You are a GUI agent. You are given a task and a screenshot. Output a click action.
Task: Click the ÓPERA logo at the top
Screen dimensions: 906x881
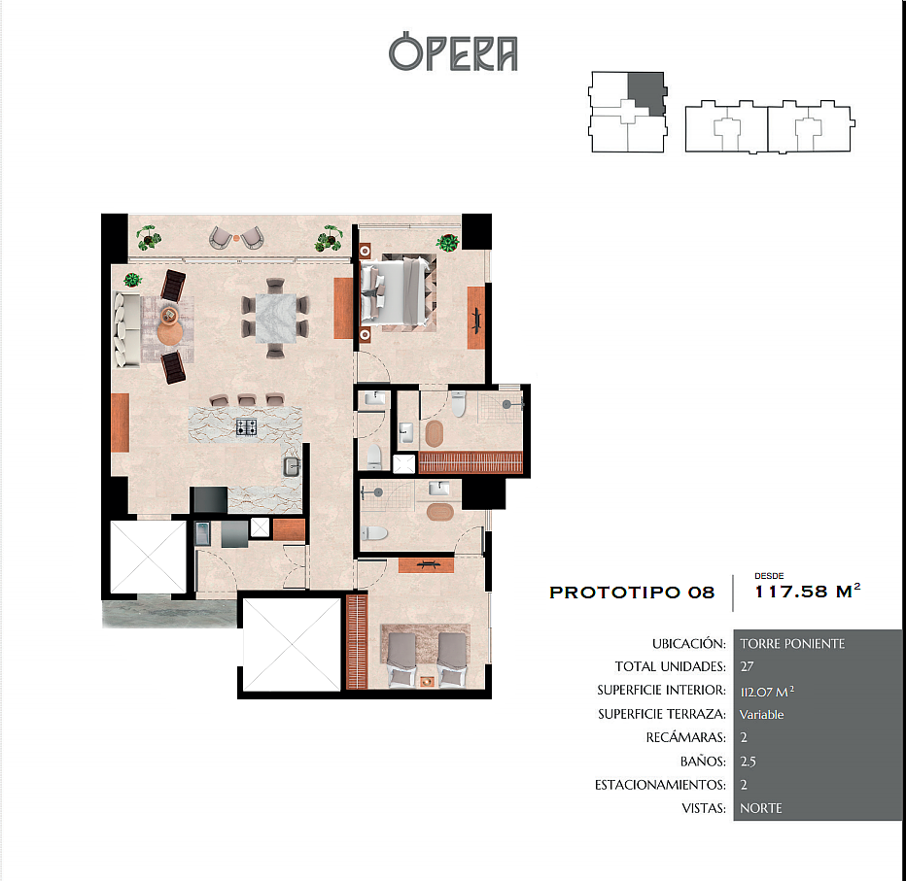pos(453,51)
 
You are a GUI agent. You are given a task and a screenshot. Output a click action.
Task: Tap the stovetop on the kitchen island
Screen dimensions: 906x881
pos(247,427)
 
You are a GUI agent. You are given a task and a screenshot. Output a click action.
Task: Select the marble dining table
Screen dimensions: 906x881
pos(275,318)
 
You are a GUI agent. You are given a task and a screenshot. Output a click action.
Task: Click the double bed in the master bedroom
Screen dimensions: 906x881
pos(396,292)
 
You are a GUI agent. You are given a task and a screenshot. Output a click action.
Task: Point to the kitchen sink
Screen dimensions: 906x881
pos(292,466)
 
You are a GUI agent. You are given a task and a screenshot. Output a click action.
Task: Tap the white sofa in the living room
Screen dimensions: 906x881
pos(126,329)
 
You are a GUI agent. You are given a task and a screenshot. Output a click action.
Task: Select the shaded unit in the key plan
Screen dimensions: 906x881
pos(647,93)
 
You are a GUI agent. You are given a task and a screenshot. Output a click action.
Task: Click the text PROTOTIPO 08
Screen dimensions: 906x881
pos(632,593)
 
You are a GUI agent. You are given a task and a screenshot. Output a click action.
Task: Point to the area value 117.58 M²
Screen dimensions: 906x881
pos(807,592)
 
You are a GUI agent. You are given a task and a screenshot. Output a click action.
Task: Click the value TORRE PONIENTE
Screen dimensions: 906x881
pos(792,644)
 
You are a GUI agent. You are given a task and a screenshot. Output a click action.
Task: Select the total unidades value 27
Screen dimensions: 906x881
pos(747,666)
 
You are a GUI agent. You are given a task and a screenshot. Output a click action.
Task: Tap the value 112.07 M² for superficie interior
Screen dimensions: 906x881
pos(767,691)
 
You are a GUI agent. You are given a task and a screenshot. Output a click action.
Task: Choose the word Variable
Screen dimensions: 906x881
pos(761,715)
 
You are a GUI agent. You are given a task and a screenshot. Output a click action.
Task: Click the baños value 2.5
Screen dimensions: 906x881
pos(748,762)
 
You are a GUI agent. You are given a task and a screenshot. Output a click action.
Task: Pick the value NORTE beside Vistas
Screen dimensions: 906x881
pos(760,808)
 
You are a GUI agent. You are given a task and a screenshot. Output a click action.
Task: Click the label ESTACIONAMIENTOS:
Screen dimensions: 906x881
pos(660,785)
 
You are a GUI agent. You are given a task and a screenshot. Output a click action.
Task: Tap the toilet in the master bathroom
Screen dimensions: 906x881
pos(458,403)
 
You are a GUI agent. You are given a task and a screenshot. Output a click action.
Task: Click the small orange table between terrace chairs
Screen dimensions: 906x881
pos(236,237)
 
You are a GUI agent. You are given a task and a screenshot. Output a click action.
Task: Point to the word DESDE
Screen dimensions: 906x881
pos(769,576)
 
